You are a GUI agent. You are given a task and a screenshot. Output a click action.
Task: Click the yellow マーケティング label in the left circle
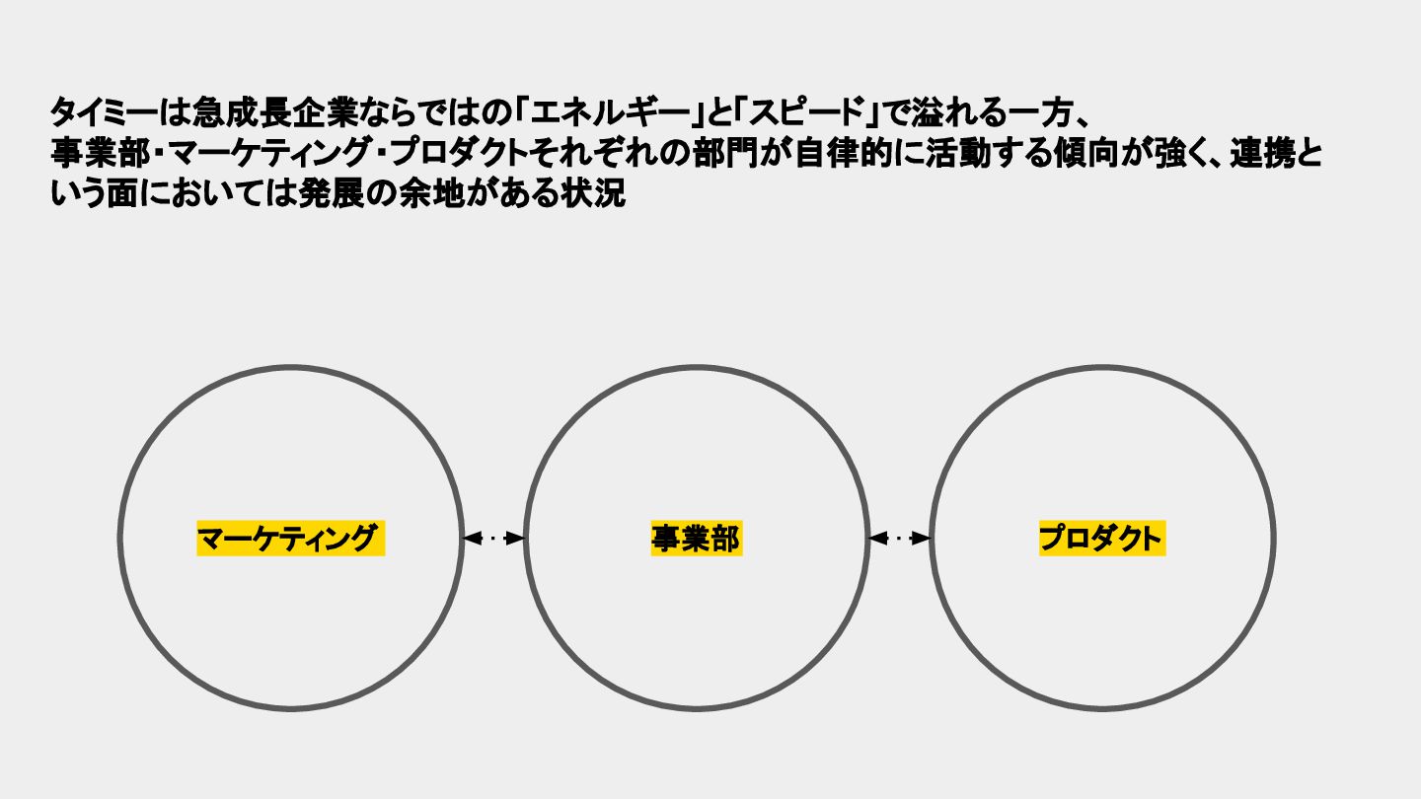click(289, 539)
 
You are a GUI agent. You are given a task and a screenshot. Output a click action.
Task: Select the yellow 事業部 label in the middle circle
click(696, 539)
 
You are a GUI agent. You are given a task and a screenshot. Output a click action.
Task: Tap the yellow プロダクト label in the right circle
click(1101, 539)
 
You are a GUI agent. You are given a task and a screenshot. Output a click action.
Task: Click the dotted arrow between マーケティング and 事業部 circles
click(493, 539)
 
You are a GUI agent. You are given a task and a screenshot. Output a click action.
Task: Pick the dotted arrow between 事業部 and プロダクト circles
click(899, 539)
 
